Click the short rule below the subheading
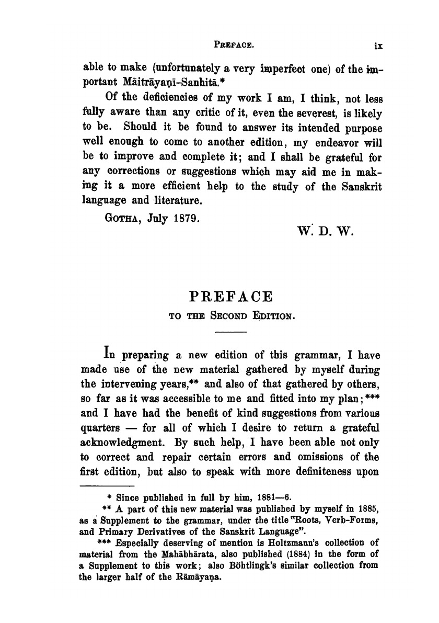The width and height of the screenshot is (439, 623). (230, 332)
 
